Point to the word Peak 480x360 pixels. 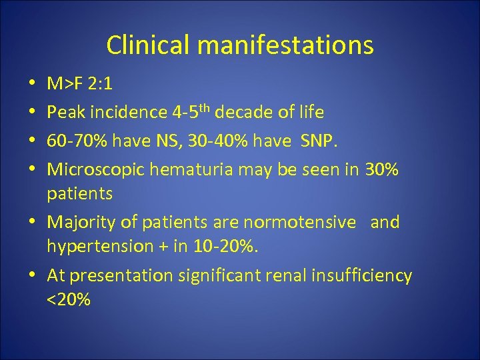(x=67, y=113)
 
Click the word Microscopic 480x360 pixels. (x=95, y=171)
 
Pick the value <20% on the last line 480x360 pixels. (x=69, y=300)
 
